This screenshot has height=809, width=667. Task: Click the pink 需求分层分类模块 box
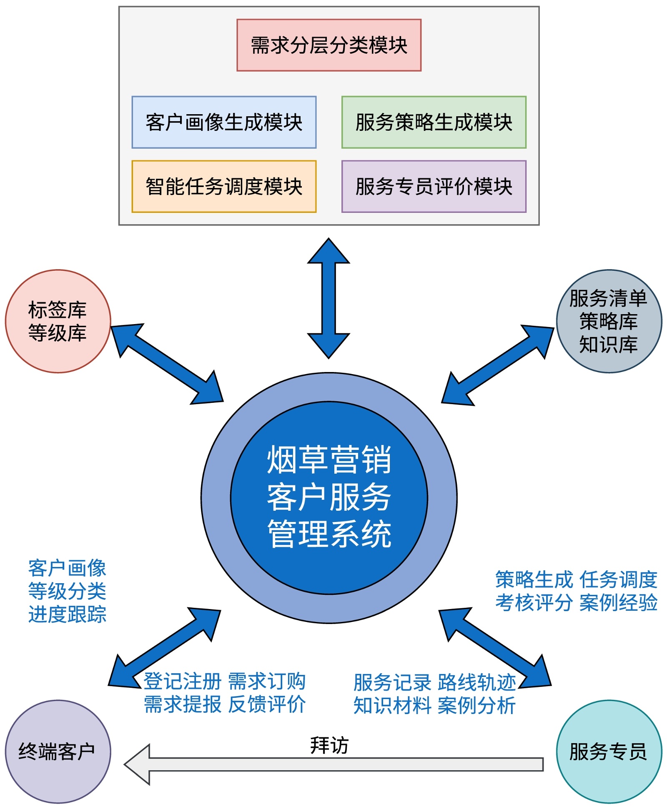pyautogui.click(x=328, y=45)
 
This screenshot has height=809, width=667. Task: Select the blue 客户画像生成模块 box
pyautogui.click(x=224, y=122)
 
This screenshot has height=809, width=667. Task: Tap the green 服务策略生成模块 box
pyautogui.click(x=434, y=122)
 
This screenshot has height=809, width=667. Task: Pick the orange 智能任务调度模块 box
pyautogui.click(x=224, y=186)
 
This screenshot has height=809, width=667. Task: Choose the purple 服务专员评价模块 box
pyautogui.click(x=434, y=186)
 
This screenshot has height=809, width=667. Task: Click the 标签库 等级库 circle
pyautogui.click(x=58, y=321)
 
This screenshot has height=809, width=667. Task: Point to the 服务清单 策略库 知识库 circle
pyautogui.click(x=609, y=321)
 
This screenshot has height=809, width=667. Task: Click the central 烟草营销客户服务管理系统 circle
pyautogui.click(x=329, y=497)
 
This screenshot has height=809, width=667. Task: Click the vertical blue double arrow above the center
pyautogui.click(x=328, y=298)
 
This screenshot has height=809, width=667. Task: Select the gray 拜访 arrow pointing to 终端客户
pyautogui.click(x=333, y=764)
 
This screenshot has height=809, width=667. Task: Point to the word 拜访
pyautogui.click(x=329, y=745)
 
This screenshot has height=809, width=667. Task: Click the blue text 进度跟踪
pyautogui.click(x=67, y=614)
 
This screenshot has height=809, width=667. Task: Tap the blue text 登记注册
pyautogui.click(x=182, y=682)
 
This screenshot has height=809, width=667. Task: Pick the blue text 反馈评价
pyautogui.click(x=267, y=704)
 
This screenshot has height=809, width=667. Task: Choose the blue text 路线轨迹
pyautogui.click(x=477, y=682)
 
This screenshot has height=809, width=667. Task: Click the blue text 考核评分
pyautogui.click(x=534, y=603)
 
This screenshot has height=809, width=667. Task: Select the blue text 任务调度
pyautogui.click(x=618, y=580)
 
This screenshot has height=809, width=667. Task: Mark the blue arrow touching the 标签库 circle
pyautogui.click(x=167, y=364)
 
